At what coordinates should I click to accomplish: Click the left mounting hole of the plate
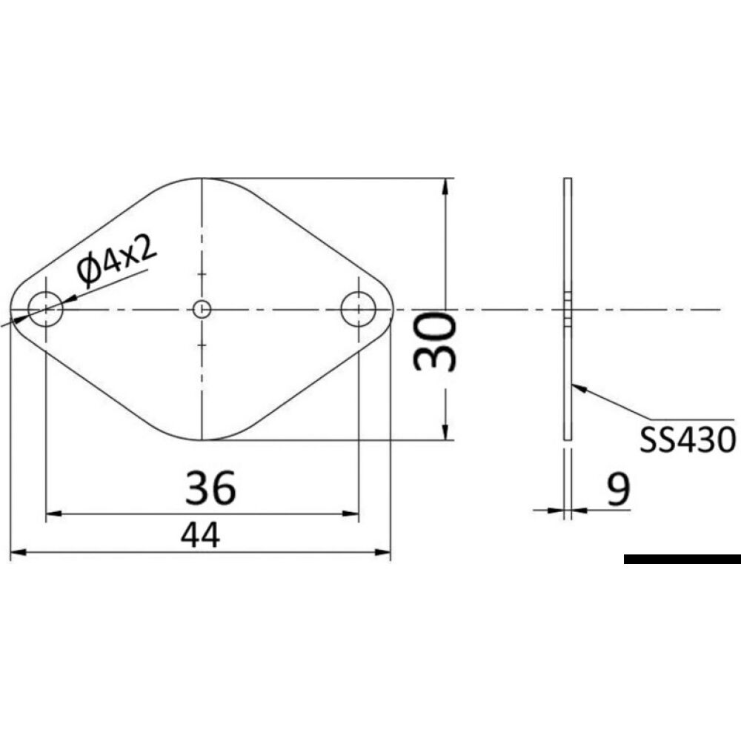pyautogui.click(x=46, y=309)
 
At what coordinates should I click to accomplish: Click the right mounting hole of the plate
pyautogui.click(x=359, y=309)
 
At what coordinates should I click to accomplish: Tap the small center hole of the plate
pyautogui.click(x=202, y=309)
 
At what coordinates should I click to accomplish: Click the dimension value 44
pyautogui.click(x=200, y=535)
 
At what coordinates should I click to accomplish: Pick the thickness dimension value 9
pyautogui.click(x=617, y=489)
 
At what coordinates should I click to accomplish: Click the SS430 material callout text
pyautogui.click(x=688, y=439)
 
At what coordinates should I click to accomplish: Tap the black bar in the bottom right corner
pyautogui.click(x=682, y=559)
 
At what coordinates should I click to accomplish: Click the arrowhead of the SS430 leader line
pyautogui.click(x=579, y=385)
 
